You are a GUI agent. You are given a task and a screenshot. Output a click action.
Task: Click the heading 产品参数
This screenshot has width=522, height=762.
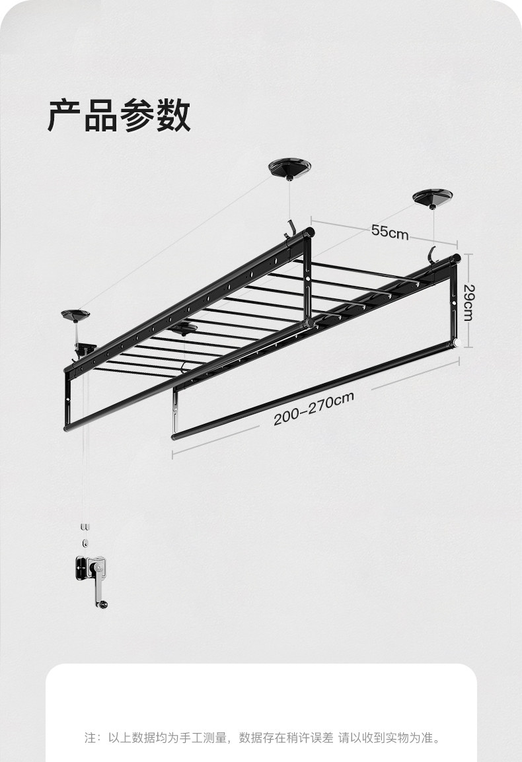(119, 116)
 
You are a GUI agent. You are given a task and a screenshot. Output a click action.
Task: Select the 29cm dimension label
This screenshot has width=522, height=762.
(468, 302)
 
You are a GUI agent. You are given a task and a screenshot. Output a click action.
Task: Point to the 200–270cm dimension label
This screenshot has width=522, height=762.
(314, 409)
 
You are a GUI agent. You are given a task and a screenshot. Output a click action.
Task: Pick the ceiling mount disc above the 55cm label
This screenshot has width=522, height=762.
(432, 197)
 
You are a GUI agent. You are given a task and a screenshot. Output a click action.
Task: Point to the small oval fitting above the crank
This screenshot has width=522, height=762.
(85, 543)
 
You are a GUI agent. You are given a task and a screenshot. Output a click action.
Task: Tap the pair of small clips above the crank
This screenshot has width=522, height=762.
(85, 527)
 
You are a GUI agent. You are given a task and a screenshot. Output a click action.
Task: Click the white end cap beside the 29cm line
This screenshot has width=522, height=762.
(456, 343)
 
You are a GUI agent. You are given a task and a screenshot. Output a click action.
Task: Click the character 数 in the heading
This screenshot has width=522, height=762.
(173, 116)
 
